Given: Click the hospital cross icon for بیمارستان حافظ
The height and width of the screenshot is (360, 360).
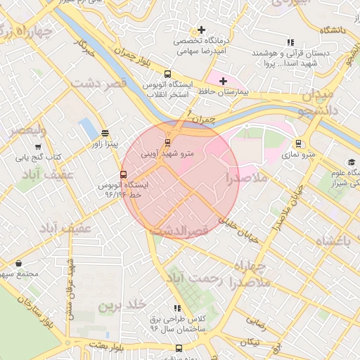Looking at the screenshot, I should (x=223, y=81).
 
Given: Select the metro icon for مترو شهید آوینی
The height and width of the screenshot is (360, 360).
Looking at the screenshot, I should (x=167, y=143).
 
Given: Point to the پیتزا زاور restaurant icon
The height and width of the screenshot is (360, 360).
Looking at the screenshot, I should (x=105, y=133).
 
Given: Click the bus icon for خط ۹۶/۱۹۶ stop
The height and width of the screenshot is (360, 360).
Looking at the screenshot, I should (x=124, y=175).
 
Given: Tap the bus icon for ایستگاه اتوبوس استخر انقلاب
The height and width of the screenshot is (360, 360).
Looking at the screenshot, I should (x=167, y=73).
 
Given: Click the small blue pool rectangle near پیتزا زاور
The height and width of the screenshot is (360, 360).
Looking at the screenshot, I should (x=89, y=129).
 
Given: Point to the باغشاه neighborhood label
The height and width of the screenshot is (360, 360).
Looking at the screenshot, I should (x=333, y=242).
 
